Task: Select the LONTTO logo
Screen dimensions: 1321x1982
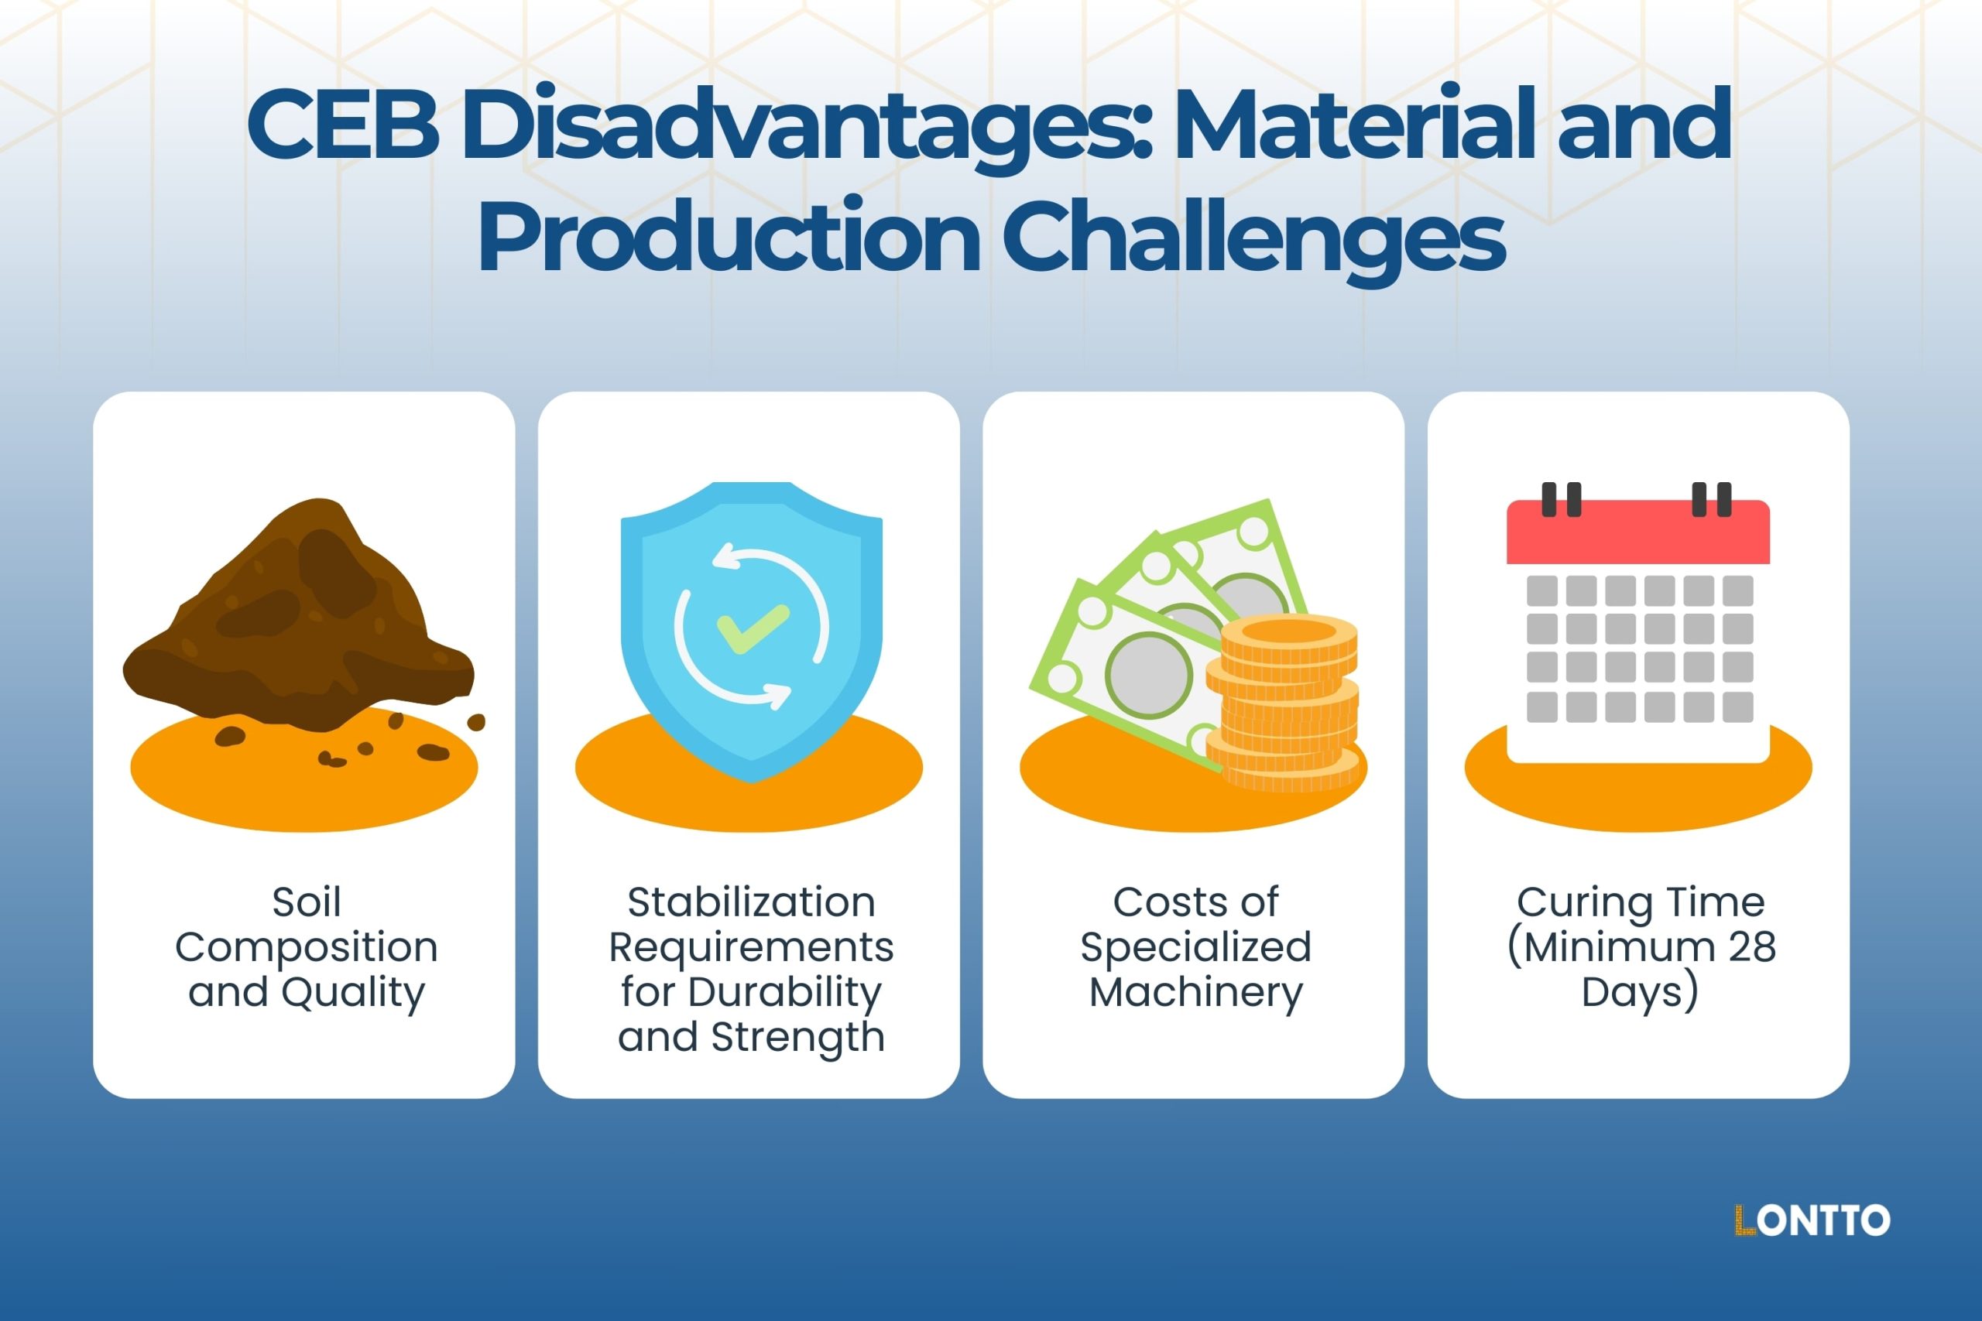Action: [x=1812, y=1220]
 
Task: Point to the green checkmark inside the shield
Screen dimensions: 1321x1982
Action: [x=752, y=628]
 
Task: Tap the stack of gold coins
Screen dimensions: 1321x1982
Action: [x=1285, y=703]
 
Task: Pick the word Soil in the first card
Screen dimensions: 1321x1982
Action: [x=306, y=902]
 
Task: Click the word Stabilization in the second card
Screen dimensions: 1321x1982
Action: [x=751, y=902]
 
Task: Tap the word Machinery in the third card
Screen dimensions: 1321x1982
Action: [x=1195, y=991]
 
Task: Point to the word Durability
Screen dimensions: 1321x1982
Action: [x=784, y=991]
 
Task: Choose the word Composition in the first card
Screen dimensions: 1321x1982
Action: [x=306, y=947]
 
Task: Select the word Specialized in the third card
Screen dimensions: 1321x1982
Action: [x=1195, y=947]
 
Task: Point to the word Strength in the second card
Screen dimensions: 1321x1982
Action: [x=797, y=1036]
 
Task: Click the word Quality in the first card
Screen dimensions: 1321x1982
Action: [x=352, y=991]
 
